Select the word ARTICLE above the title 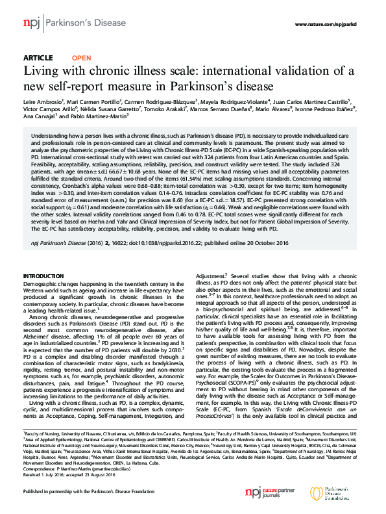pos(38,58)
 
